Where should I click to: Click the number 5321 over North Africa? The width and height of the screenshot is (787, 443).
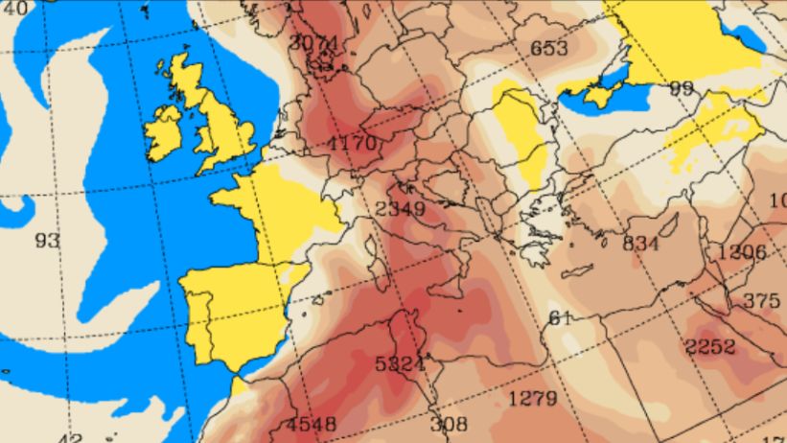coord(400,364)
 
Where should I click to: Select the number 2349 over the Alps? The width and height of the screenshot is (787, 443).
coord(401,209)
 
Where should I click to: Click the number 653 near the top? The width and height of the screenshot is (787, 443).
coord(548,48)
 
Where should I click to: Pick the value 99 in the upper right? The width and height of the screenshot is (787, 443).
coord(682,88)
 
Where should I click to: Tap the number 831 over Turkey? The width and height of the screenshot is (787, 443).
coord(640,244)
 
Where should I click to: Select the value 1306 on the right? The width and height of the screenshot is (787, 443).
coord(740,253)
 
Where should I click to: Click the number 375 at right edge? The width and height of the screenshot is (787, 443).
coord(761,301)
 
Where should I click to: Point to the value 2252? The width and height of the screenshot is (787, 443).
coord(710,346)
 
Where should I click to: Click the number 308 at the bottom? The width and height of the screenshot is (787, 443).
coord(448,424)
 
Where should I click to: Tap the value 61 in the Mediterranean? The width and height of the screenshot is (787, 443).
coord(560,318)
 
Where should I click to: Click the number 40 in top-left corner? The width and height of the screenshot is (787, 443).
coord(13,8)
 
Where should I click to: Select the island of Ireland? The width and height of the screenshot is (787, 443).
coord(164,132)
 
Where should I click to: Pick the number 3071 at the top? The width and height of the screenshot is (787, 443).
coord(313,44)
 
